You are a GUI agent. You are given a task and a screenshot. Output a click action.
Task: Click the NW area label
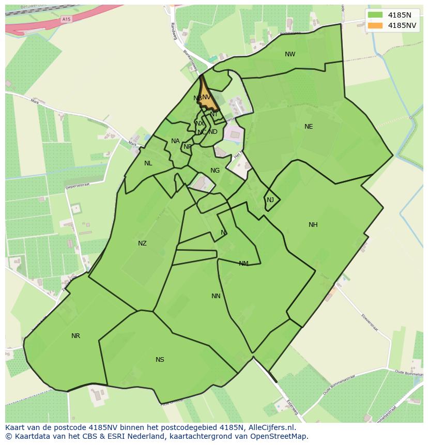290,54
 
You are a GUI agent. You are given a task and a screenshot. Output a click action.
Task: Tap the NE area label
309,127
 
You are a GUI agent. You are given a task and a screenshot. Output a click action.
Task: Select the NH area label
313,225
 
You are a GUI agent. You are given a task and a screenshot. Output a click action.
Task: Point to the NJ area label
270,200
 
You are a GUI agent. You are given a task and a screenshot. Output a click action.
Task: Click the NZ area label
142,243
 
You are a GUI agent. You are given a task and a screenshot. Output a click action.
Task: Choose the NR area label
76,336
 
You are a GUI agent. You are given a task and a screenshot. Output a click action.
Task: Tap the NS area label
160,360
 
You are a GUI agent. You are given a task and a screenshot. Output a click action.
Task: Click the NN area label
216,296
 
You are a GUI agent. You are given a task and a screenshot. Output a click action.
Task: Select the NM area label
243,264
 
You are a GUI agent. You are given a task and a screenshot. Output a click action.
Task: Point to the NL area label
148,163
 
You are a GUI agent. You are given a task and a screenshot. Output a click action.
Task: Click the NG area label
215,171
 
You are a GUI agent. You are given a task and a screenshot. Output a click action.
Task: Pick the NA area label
175,141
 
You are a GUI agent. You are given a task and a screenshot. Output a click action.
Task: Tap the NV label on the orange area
207,97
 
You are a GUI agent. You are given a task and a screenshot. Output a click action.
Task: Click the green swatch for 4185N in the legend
375,15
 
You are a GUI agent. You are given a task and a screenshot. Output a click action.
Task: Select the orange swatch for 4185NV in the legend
375,25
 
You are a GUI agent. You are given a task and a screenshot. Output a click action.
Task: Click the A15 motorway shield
66,19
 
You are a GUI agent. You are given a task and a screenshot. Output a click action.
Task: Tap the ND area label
213,132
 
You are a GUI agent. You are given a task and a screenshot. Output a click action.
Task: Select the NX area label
200,124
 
